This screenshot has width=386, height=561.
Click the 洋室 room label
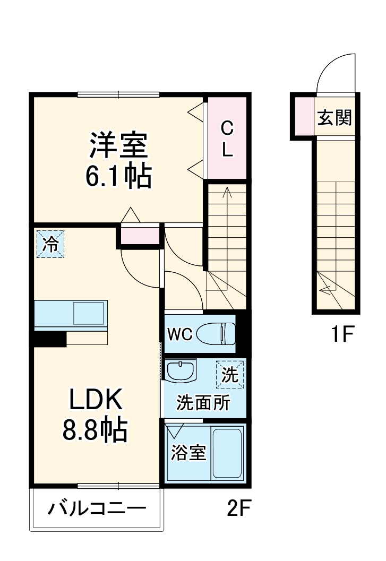click(x=118, y=145)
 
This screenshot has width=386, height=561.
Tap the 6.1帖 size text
click(x=118, y=176)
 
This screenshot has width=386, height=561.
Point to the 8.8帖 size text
click(x=95, y=429)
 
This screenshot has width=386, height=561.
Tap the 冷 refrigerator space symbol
click(x=50, y=244)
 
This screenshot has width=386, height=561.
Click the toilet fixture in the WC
click(x=216, y=333)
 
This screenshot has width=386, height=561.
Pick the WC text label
click(x=180, y=334)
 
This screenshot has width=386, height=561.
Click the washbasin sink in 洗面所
click(x=181, y=370)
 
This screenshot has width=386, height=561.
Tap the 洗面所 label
click(x=203, y=403)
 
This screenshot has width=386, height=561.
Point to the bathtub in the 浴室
click(x=227, y=453)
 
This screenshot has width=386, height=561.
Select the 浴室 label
click(x=188, y=452)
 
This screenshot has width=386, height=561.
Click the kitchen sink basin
click(x=89, y=313)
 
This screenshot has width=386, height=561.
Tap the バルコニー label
click(x=97, y=508)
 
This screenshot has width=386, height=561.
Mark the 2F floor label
click(x=239, y=508)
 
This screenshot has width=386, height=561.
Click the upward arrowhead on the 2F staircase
click(x=227, y=192)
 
